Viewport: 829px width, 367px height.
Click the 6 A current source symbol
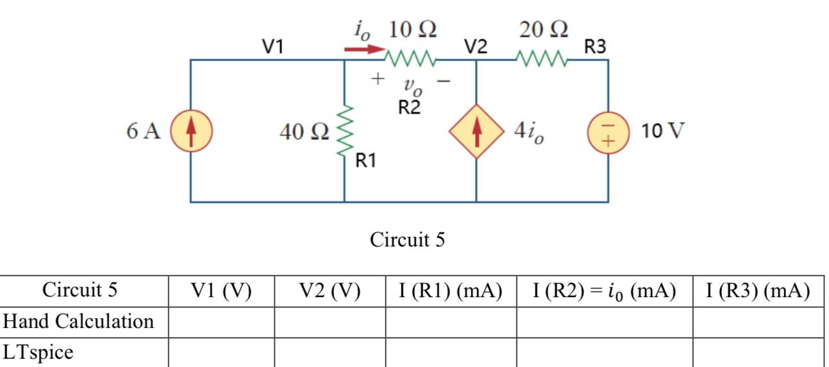coord(190,132)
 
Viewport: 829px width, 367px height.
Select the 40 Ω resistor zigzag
coord(345,131)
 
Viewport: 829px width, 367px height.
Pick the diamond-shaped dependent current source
coord(476,132)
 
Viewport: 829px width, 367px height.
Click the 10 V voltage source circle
coord(608,132)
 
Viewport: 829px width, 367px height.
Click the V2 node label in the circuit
coord(476,46)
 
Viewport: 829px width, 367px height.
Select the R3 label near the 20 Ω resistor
coord(594,46)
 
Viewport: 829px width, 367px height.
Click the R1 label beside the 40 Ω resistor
coord(366,161)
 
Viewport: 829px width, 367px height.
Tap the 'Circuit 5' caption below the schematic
coord(407,240)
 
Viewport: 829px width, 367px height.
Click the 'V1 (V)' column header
coord(221,291)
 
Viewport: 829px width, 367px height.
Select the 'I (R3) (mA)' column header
coord(757,291)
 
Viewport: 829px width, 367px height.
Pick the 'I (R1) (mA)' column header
coord(450,291)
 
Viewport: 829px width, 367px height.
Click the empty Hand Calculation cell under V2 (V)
coord(330,321)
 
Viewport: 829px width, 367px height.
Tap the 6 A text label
coord(144,132)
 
